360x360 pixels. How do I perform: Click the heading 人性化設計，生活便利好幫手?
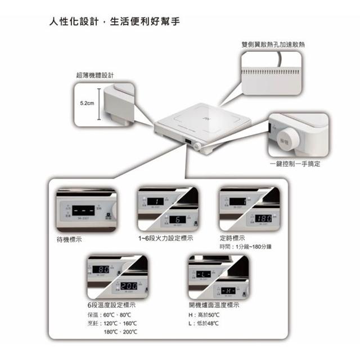(115, 23)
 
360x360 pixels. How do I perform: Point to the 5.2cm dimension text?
(88, 104)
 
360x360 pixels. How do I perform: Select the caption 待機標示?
(70, 238)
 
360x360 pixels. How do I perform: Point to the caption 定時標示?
(232, 238)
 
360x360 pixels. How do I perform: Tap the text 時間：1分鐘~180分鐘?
(246, 247)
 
